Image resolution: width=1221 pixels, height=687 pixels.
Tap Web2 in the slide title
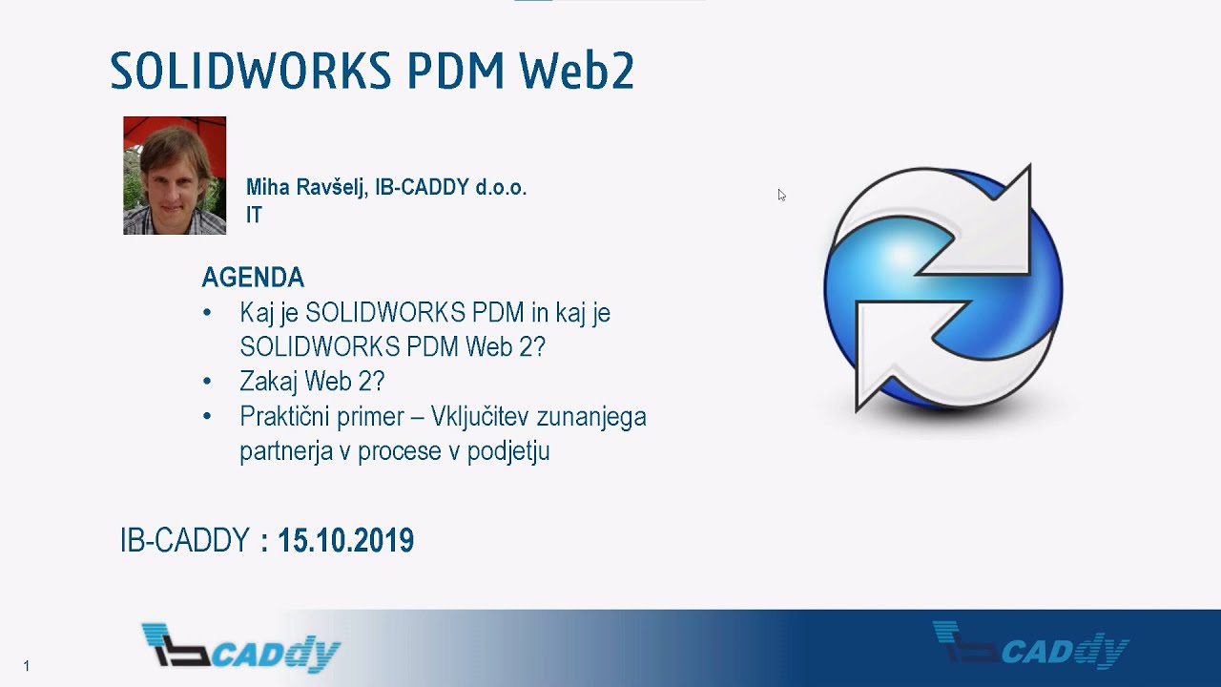[577, 72]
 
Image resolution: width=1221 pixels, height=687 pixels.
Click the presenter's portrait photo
[175, 176]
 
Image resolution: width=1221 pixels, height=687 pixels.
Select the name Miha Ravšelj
[306, 188]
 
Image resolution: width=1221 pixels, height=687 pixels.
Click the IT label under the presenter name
[254, 216]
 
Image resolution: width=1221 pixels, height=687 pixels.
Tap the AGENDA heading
[253, 278]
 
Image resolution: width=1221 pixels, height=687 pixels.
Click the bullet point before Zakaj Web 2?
[208, 382]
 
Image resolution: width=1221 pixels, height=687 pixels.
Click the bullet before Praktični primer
[208, 417]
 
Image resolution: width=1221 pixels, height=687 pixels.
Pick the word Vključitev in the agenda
[480, 417]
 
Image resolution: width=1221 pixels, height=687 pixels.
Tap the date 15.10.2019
[345, 541]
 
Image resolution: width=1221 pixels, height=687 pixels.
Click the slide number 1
[27, 666]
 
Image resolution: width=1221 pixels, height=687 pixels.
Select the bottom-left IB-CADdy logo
[240, 648]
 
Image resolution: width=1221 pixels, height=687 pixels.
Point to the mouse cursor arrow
[780, 194]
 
